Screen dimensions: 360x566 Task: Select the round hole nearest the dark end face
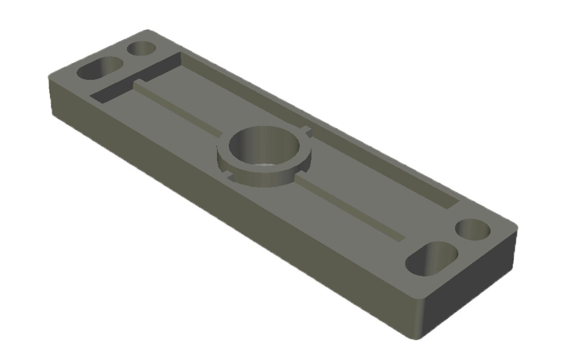tap(473, 229)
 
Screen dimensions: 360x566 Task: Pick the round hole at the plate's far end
tap(141, 49)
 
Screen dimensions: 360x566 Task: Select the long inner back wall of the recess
tap(319, 123)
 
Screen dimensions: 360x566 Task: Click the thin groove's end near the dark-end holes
tap(399, 238)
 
